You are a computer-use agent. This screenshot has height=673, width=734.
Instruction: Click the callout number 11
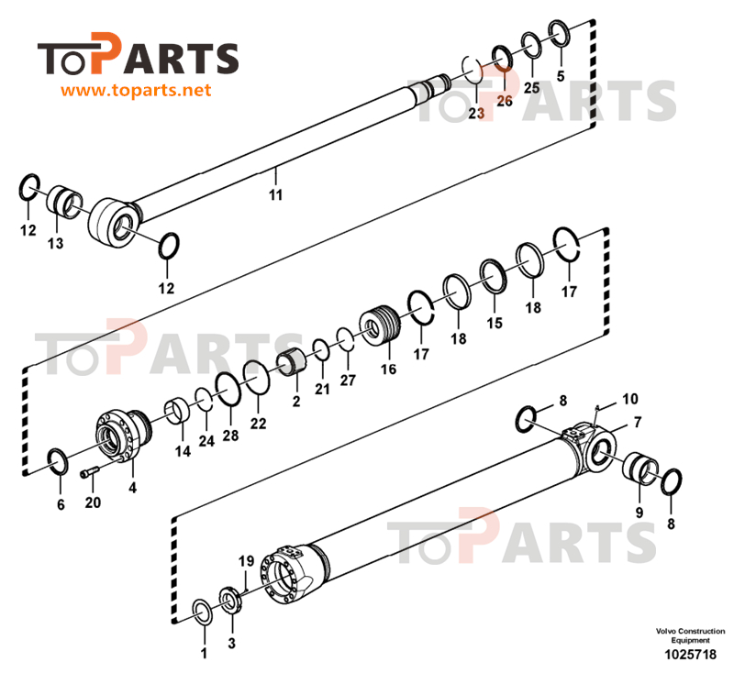point(275,194)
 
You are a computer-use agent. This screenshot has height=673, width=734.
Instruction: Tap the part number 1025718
point(689,656)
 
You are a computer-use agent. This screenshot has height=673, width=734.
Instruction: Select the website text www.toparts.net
point(137,91)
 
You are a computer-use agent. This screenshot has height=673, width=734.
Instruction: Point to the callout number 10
point(629,400)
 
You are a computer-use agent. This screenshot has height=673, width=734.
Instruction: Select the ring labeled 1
point(203,612)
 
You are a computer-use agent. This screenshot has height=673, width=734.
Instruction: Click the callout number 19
point(246,560)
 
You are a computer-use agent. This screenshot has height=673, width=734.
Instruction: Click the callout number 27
point(347,379)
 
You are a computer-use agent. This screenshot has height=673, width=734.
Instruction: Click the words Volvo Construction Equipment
point(689,635)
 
